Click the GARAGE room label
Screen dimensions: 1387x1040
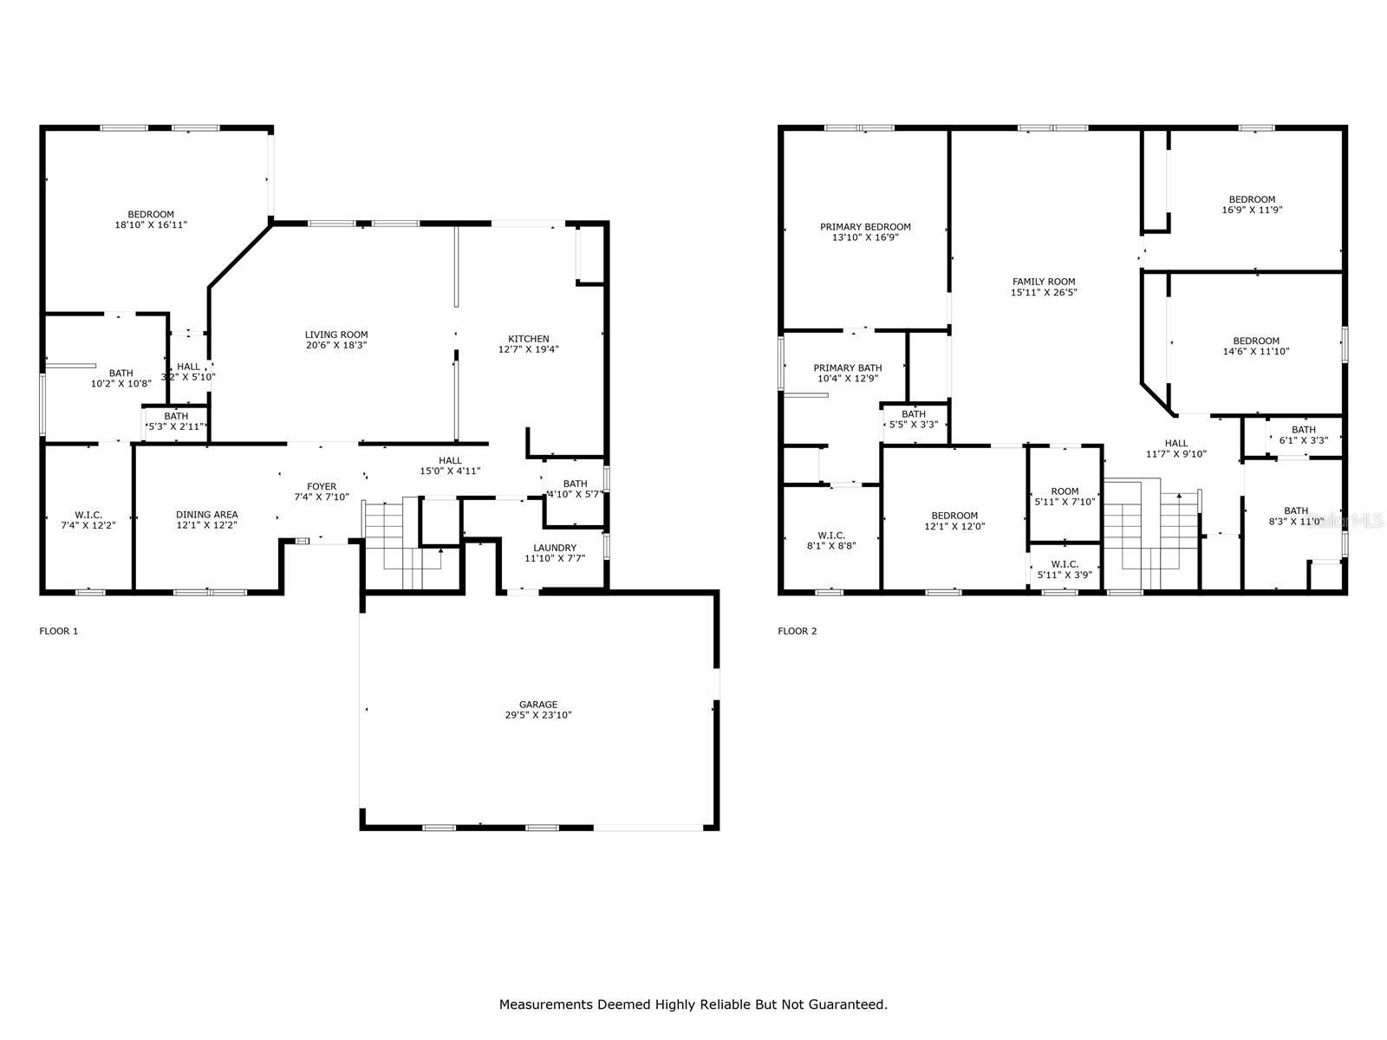pyautogui.click(x=537, y=704)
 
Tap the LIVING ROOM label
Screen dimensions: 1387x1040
pyautogui.click(x=336, y=335)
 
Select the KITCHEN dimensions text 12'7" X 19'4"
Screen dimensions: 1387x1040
pyautogui.click(x=528, y=349)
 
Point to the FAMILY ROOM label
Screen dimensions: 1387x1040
pyautogui.click(x=1043, y=282)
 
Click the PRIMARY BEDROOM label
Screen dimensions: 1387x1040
pyautogui.click(x=865, y=227)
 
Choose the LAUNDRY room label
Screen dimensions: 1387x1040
pyautogui.click(x=555, y=548)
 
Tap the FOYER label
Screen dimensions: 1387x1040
pyautogui.click(x=322, y=486)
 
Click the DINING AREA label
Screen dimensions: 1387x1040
pyautogui.click(x=206, y=515)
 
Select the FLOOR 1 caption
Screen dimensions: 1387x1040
pyautogui.click(x=59, y=631)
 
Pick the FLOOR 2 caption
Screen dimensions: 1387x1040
pyautogui.click(x=798, y=631)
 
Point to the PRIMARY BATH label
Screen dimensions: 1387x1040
pyautogui.click(x=847, y=367)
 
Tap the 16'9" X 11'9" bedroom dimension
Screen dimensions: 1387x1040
pyautogui.click(x=1252, y=210)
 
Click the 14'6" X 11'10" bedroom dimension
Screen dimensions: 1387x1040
pyautogui.click(x=1255, y=351)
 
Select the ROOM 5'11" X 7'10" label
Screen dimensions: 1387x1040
pyautogui.click(x=1065, y=497)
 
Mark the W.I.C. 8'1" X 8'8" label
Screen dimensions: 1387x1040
pyautogui.click(x=831, y=541)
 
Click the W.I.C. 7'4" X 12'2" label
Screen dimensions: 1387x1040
pyautogui.click(x=88, y=520)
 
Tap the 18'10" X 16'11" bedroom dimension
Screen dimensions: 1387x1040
pyautogui.click(x=151, y=224)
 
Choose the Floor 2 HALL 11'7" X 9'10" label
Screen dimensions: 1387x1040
pyautogui.click(x=1176, y=448)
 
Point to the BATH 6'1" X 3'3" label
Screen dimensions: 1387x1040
pyautogui.click(x=1304, y=435)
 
